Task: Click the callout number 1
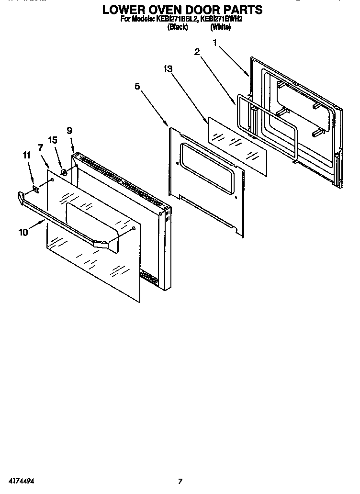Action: (215, 43)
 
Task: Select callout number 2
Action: (196, 53)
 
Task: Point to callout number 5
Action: (137, 86)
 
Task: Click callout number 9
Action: (69, 130)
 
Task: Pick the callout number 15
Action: (53, 140)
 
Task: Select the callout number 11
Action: (26, 155)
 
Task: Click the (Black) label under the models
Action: (177, 27)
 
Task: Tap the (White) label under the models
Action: (220, 27)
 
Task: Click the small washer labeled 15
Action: (64, 171)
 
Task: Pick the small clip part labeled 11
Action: (35, 189)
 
